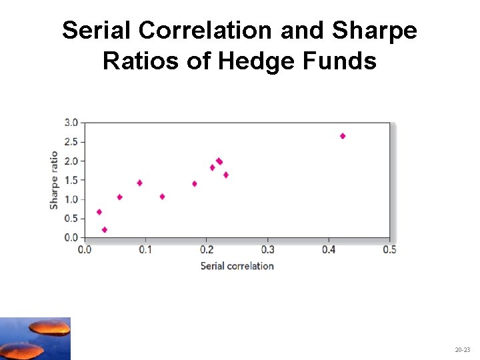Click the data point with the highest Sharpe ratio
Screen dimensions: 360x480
click(343, 136)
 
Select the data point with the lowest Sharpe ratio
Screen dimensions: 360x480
click(105, 230)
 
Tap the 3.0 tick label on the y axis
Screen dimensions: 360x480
click(71, 123)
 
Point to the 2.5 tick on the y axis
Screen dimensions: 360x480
click(71, 142)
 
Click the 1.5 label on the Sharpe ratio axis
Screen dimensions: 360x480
click(71, 180)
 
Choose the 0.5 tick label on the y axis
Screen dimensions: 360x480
click(71, 219)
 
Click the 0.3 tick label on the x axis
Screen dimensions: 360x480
click(267, 249)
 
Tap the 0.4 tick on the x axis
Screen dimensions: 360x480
click(329, 249)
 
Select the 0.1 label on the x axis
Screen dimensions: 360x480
click(145, 249)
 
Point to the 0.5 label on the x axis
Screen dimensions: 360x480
click(389, 249)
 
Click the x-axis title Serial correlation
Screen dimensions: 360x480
click(237, 266)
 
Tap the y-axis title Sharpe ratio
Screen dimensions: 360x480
click(54, 180)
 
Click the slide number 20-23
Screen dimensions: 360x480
click(462, 349)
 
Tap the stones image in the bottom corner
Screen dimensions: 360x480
click(35, 339)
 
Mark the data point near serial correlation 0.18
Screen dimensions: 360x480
click(195, 184)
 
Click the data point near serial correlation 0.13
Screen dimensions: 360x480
click(162, 197)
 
